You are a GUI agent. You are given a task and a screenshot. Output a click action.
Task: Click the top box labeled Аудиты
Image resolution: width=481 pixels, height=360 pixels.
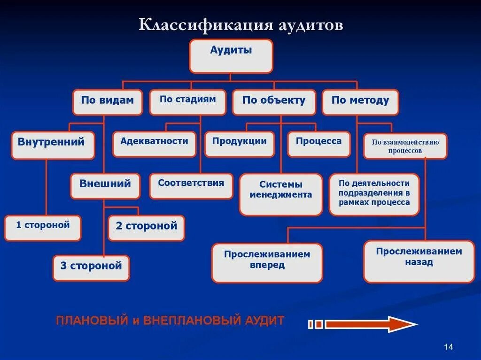(231, 56)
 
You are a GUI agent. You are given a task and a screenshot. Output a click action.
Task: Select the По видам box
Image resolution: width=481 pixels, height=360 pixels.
(107, 102)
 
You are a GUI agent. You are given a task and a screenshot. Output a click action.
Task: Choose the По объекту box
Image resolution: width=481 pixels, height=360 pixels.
(274, 102)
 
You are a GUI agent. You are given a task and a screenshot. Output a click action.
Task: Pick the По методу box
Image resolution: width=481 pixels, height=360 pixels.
(360, 102)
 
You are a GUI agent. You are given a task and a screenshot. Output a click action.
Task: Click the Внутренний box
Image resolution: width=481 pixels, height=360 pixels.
(51, 145)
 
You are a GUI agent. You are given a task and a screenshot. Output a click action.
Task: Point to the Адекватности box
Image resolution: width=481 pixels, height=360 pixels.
(154, 144)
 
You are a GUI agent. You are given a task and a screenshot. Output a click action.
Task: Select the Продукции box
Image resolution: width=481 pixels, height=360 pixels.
(240, 144)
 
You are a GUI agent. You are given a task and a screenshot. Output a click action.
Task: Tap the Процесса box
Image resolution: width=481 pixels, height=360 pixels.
(319, 144)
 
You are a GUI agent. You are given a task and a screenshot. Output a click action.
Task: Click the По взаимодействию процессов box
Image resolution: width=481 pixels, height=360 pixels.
(405, 146)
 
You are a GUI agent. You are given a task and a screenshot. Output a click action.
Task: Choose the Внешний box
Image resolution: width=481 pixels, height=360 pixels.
(105, 186)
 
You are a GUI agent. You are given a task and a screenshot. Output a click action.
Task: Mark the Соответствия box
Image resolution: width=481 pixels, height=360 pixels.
(191, 186)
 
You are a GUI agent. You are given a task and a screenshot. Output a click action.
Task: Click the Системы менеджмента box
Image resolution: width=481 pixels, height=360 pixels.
(281, 194)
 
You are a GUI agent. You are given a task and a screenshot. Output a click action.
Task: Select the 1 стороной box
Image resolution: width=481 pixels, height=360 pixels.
(43, 228)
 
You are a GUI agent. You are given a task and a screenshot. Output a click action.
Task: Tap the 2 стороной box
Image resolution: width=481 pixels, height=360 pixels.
(147, 228)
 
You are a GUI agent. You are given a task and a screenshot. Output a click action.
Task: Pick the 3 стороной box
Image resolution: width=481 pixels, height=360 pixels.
(91, 268)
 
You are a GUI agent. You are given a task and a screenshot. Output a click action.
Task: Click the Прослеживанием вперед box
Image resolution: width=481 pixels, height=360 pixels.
(267, 262)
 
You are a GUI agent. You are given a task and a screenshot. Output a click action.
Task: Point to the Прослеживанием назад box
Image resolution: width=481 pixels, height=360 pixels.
(419, 261)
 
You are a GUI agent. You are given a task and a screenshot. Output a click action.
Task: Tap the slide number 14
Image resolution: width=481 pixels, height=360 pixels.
(448, 346)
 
